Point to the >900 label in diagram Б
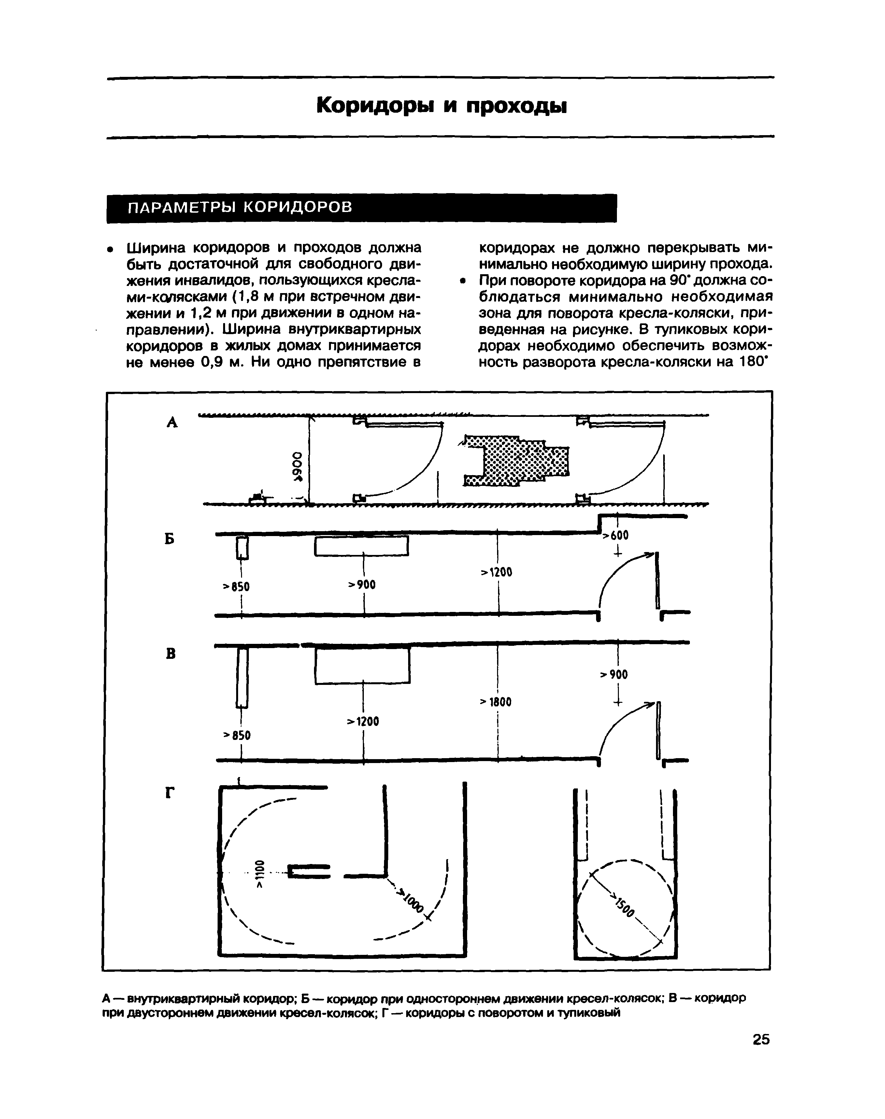point(362,584)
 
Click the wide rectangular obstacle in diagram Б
point(362,545)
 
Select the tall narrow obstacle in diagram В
point(242,678)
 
